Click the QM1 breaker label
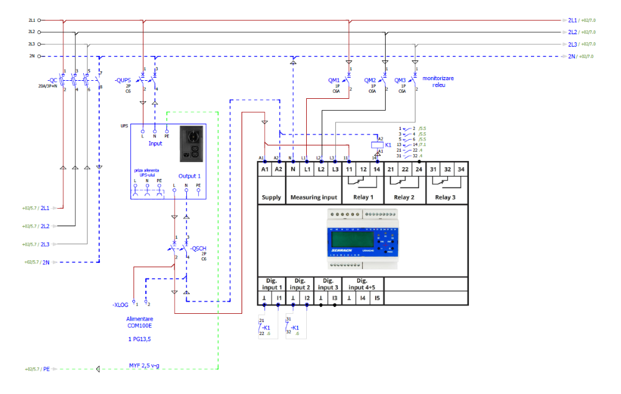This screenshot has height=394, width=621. point(334,80)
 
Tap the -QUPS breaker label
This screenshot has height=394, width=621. point(123,81)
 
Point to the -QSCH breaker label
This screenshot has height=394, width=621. point(199,249)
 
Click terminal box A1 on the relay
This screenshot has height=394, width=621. point(265,169)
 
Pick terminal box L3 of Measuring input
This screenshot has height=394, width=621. point(335,169)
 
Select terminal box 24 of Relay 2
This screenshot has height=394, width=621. point(419,169)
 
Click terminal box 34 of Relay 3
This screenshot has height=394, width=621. point(460,169)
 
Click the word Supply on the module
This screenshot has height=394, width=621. point(271,198)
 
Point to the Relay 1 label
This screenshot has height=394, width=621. point(363,198)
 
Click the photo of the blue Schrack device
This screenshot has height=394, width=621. point(363,239)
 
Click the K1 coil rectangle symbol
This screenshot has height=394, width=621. point(375,145)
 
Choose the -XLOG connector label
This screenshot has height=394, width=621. point(120,305)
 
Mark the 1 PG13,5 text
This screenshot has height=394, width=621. point(139,340)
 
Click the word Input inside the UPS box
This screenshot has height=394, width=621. point(155,144)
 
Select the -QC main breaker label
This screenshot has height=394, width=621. point(53,80)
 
